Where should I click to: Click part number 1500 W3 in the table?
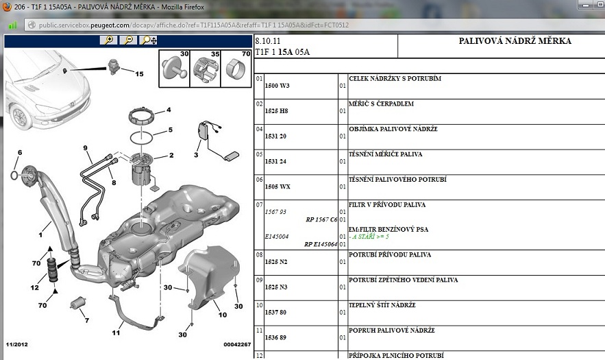[x=277, y=86]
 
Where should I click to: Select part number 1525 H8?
[x=276, y=111]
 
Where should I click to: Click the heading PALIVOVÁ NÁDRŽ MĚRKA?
[x=515, y=41]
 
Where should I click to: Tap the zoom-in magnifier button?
[x=108, y=40]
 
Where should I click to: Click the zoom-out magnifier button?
[x=128, y=40]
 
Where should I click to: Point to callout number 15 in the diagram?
[x=139, y=74]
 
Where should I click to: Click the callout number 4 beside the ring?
[x=169, y=110]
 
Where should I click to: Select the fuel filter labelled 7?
[x=78, y=302]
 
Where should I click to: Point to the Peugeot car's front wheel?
[x=20, y=117]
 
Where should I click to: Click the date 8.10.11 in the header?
[x=268, y=41]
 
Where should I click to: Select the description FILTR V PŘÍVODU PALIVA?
[x=387, y=205]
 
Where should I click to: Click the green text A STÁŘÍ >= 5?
[x=371, y=237]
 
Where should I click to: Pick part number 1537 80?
[x=275, y=312]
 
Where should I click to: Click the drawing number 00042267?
[x=237, y=344]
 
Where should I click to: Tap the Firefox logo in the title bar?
[x=7, y=7]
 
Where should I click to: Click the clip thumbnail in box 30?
[x=174, y=69]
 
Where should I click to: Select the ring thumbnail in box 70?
[x=236, y=69]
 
